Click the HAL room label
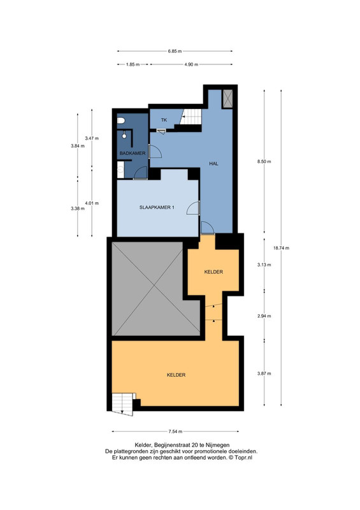[x=213, y=164]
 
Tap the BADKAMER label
[x=133, y=153]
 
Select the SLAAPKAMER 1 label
[x=157, y=207]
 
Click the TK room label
[x=164, y=120]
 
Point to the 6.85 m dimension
[x=175, y=51]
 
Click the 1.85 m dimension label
[x=133, y=64]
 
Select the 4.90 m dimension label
[x=191, y=64]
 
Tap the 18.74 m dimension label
[x=281, y=248]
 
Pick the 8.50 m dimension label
[x=264, y=161]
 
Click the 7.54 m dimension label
[x=175, y=432]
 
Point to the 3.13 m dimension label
[x=264, y=265]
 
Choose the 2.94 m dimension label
[x=264, y=316]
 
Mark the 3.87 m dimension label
[x=264, y=374]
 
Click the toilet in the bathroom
[x=121, y=120]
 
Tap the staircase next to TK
[x=191, y=117]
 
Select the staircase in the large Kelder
[x=122, y=404]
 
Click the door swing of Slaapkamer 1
[x=193, y=208]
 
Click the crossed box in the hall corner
[x=227, y=99]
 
